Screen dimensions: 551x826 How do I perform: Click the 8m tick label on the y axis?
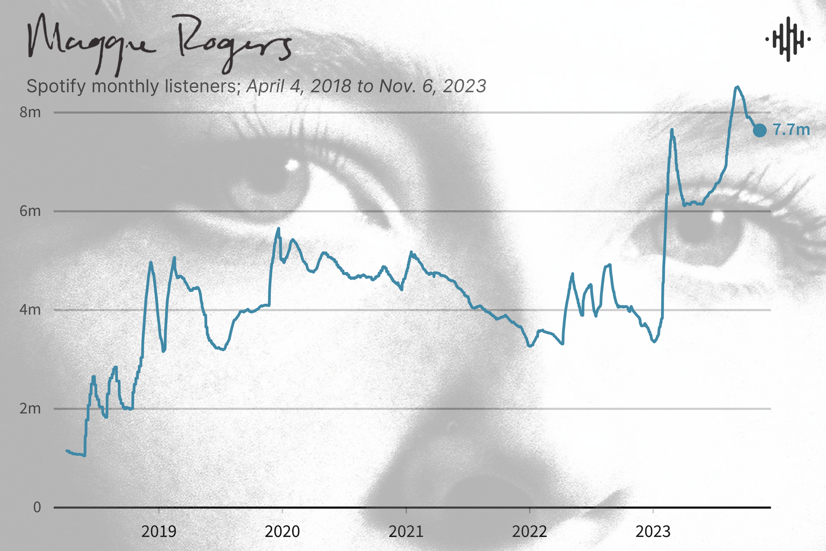30,112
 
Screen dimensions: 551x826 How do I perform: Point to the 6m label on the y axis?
30,211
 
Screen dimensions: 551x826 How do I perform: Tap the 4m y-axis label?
30,310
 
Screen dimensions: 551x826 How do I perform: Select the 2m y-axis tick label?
30,409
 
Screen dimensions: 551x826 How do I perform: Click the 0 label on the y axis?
37,508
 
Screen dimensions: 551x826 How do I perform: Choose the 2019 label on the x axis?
159,532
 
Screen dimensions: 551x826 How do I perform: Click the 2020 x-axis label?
282,532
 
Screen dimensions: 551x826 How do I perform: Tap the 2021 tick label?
406,532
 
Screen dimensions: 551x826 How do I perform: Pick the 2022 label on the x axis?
529,532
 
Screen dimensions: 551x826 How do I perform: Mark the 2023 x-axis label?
653,532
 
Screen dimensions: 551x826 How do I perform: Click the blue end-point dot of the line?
760,130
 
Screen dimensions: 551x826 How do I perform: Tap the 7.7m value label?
791,130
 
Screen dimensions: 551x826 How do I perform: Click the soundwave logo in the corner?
788,39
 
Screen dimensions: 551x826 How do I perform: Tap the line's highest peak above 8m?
737,87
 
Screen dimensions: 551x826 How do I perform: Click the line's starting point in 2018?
66,450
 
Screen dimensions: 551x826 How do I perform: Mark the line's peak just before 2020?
279,228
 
